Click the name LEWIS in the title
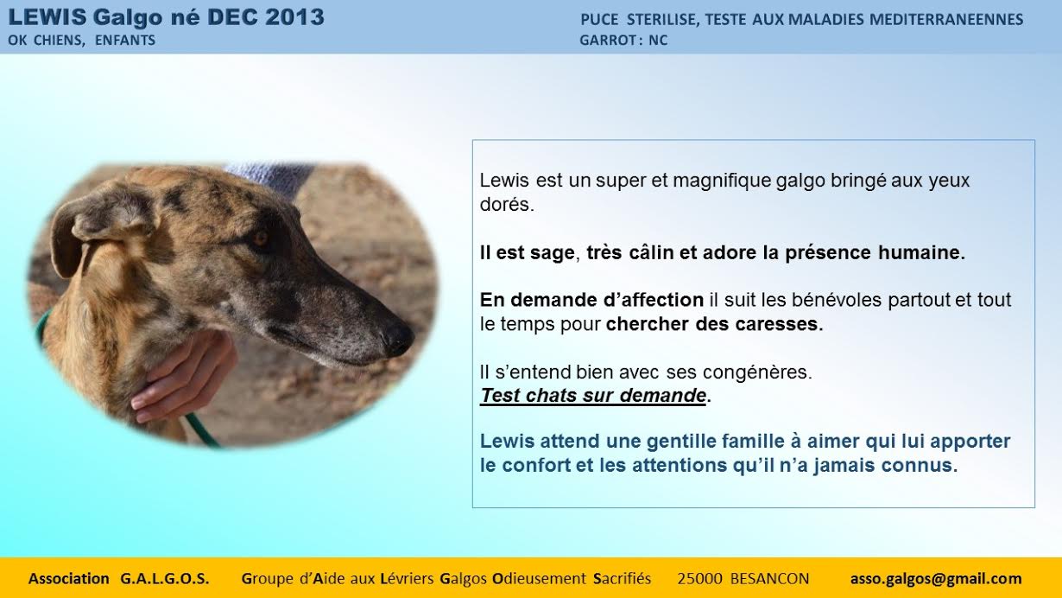click(x=47, y=17)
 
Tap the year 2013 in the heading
click(x=294, y=17)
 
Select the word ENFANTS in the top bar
click(x=125, y=41)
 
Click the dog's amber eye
click(x=260, y=238)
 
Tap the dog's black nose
click(x=397, y=339)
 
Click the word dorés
click(x=507, y=205)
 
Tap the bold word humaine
click(x=921, y=252)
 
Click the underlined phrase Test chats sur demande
click(x=593, y=395)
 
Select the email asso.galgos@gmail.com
click(x=936, y=579)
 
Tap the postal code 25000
click(x=699, y=579)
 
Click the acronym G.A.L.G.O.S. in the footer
click(x=165, y=579)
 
